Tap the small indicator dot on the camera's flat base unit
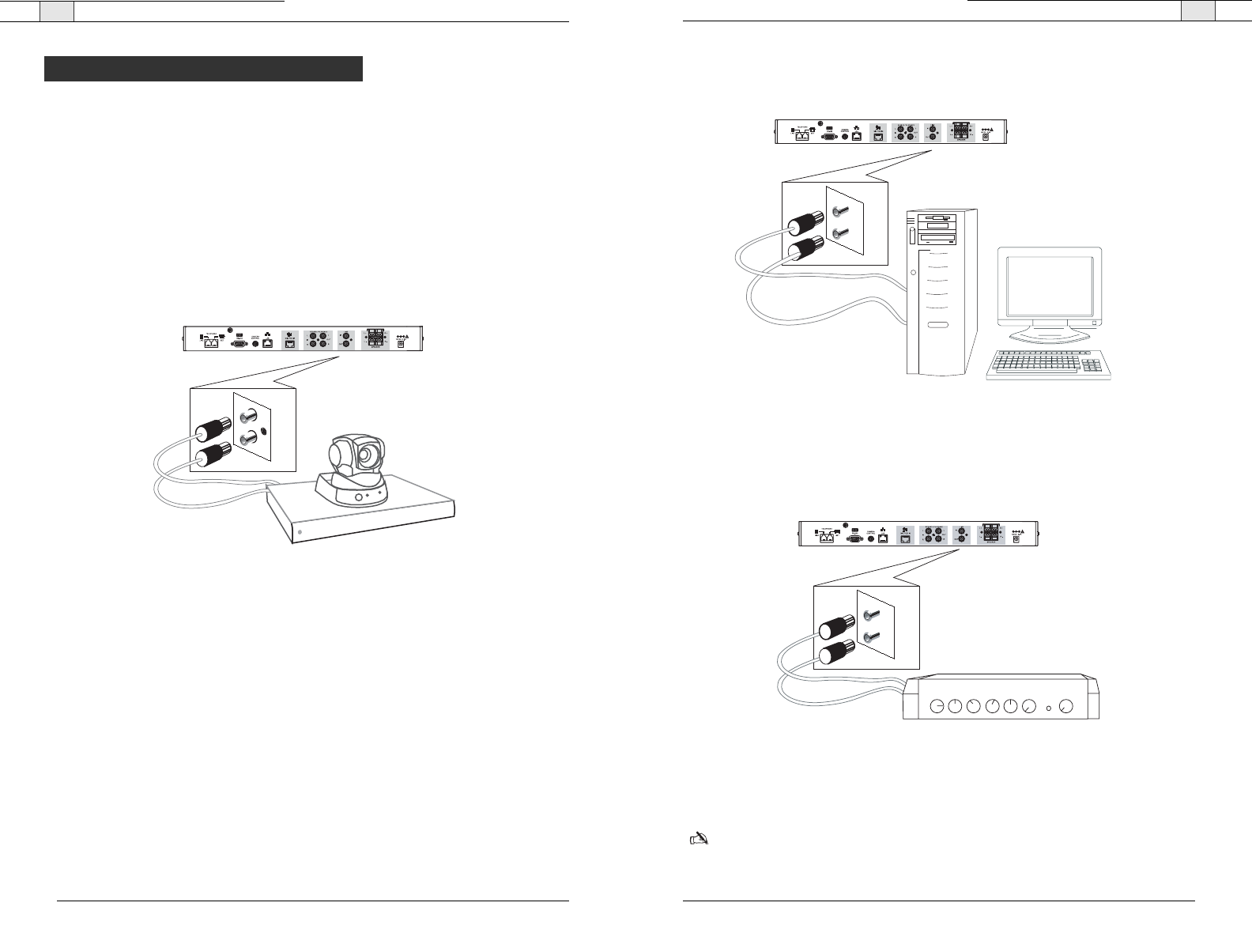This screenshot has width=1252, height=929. [x=300, y=533]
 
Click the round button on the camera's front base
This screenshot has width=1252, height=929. [x=359, y=497]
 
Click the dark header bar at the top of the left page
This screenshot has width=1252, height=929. [x=203, y=69]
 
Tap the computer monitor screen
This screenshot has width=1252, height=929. [x=1049, y=285]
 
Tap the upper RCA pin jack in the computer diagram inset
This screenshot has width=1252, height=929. [x=839, y=211]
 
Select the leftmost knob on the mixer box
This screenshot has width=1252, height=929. [x=937, y=706]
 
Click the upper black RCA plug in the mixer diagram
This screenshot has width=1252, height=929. [x=833, y=628]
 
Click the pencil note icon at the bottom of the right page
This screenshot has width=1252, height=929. [x=699, y=838]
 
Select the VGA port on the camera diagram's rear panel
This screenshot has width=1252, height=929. [x=238, y=344]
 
